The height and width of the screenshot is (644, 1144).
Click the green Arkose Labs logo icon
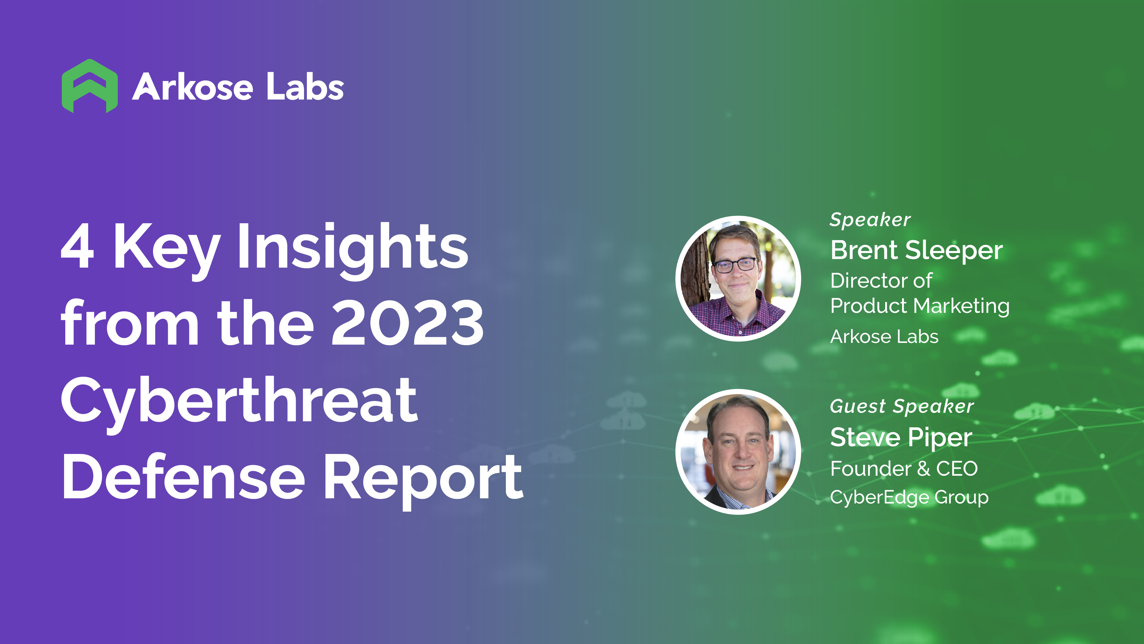90,86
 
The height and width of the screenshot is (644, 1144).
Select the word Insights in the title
353,251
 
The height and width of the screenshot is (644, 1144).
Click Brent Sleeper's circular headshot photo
738,279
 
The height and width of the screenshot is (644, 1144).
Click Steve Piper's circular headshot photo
738,452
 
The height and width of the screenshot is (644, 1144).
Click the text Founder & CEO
904,469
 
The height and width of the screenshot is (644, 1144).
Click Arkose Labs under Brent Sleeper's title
884,336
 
